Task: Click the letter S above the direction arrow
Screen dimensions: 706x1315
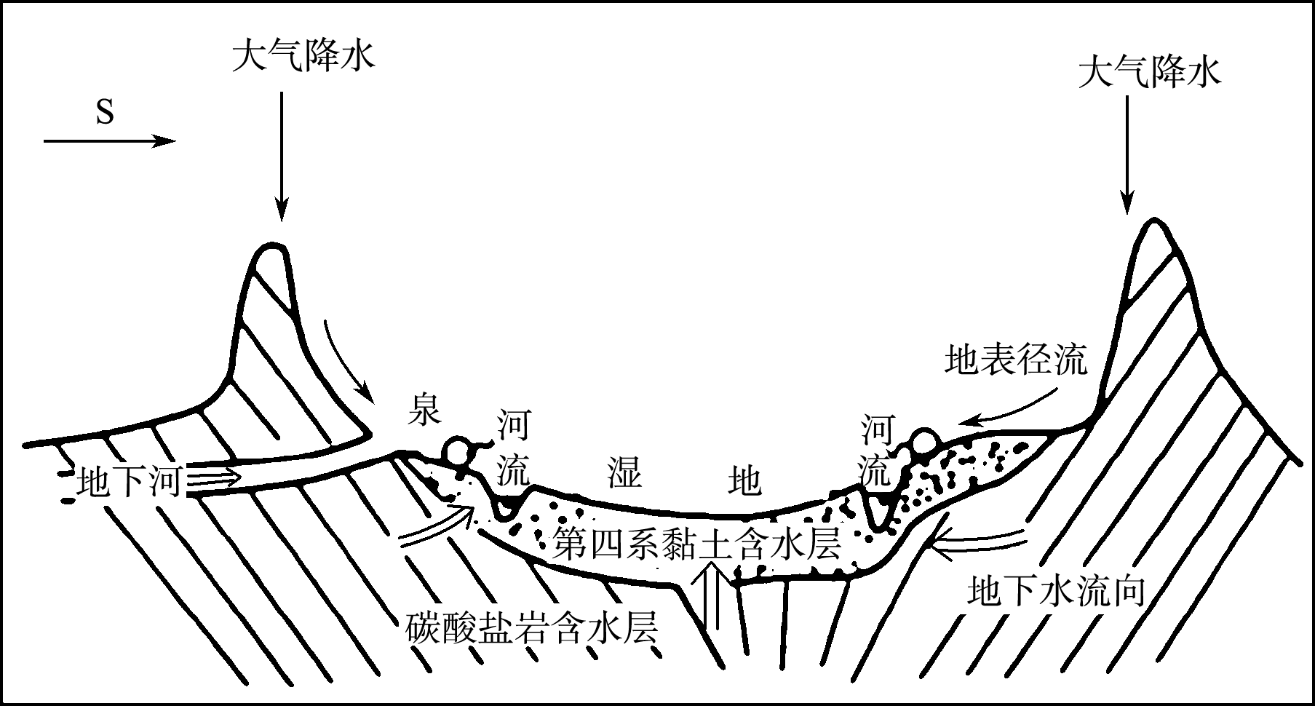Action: tap(105, 113)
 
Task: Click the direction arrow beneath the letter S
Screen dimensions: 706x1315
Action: tap(109, 141)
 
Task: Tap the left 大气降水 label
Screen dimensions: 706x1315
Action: tap(303, 57)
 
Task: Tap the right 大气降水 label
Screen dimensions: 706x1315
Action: tap(1150, 73)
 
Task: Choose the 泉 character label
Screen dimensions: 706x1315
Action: tap(424, 410)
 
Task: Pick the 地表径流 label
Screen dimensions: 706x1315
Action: tap(1016, 360)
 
